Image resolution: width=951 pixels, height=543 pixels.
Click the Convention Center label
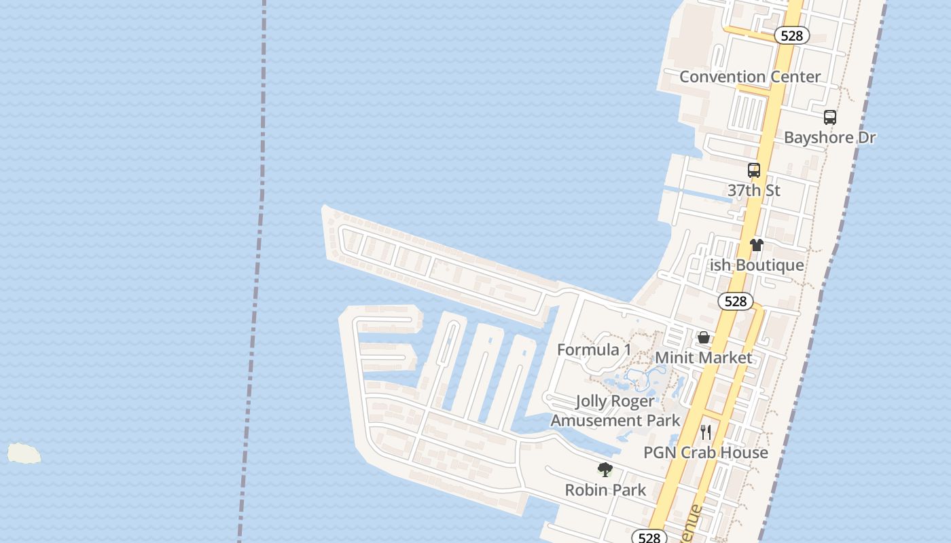point(750,77)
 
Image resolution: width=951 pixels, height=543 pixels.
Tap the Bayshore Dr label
point(829,137)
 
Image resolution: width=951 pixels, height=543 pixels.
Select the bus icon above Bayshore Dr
point(829,117)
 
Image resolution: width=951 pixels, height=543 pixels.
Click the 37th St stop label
point(753,191)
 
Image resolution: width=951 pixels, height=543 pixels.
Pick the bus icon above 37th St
point(753,170)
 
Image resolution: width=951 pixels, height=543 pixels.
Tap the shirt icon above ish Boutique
point(756,245)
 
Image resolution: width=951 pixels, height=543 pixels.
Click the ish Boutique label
point(756,265)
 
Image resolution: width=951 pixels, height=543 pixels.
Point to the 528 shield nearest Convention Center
point(791,35)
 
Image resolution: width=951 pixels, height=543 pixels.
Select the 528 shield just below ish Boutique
point(735,301)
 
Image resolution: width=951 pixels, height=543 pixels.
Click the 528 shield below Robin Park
point(649,537)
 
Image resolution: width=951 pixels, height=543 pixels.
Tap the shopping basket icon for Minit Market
point(704,337)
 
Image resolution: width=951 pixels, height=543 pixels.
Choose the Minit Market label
point(703,358)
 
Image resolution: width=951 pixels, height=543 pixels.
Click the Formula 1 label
point(594,350)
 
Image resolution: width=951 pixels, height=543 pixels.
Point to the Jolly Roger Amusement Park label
point(615,411)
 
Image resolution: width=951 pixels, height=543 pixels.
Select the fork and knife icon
point(706,432)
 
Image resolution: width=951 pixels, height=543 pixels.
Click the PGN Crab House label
point(705,453)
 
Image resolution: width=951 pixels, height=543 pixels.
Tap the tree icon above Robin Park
point(605,470)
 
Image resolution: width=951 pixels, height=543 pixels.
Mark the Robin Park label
point(605,490)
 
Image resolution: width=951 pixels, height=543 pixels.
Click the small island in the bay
point(24,453)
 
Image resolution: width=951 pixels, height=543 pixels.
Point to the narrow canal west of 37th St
point(696,193)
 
